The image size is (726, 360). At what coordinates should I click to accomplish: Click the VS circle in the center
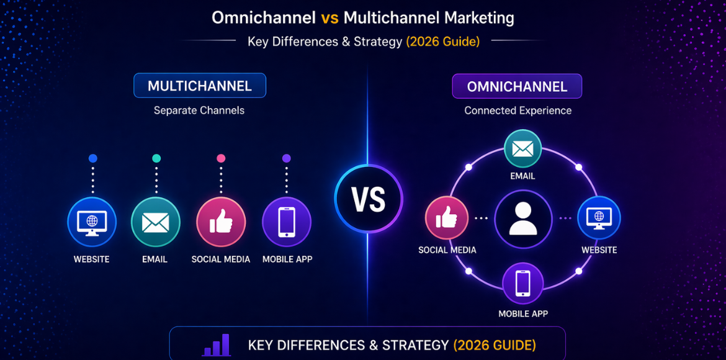pyautogui.click(x=368, y=200)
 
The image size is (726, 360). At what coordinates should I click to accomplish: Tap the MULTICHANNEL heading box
pyautogui.click(x=200, y=86)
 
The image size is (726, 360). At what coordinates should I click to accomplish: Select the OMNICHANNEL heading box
pyautogui.click(x=517, y=86)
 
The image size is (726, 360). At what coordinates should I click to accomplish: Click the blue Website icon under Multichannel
pyautogui.click(x=92, y=222)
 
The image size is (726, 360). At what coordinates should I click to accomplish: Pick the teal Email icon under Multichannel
pyautogui.click(x=155, y=222)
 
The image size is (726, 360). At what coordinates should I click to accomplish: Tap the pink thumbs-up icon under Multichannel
pyautogui.click(x=221, y=222)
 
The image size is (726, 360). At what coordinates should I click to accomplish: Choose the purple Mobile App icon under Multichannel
pyautogui.click(x=286, y=222)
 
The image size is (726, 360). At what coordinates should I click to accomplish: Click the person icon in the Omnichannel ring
pyautogui.click(x=522, y=218)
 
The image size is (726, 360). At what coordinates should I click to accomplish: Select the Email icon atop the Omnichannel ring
pyautogui.click(x=522, y=150)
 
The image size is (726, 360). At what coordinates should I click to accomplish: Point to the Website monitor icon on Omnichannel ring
pyautogui.click(x=599, y=217)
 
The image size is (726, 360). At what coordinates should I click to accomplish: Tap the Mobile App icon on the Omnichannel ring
pyautogui.click(x=522, y=284)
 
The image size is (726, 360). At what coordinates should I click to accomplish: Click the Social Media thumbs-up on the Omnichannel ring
pyautogui.click(x=447, y=218)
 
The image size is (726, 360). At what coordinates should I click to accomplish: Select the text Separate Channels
pyautogui.click(x=199, y=110)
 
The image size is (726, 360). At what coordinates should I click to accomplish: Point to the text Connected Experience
pyautogui.click(x=518, y=110)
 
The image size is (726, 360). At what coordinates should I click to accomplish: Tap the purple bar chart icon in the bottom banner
pyautogui.click(x=217, y=345)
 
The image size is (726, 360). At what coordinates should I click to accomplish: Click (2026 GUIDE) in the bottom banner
pyautogui.click(x=495, y=345)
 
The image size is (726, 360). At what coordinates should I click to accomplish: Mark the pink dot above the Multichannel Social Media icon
pyautogui.click(x=221, y=158)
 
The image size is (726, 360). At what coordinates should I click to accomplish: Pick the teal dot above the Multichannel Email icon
pyautogui.click(x=156, y=158)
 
